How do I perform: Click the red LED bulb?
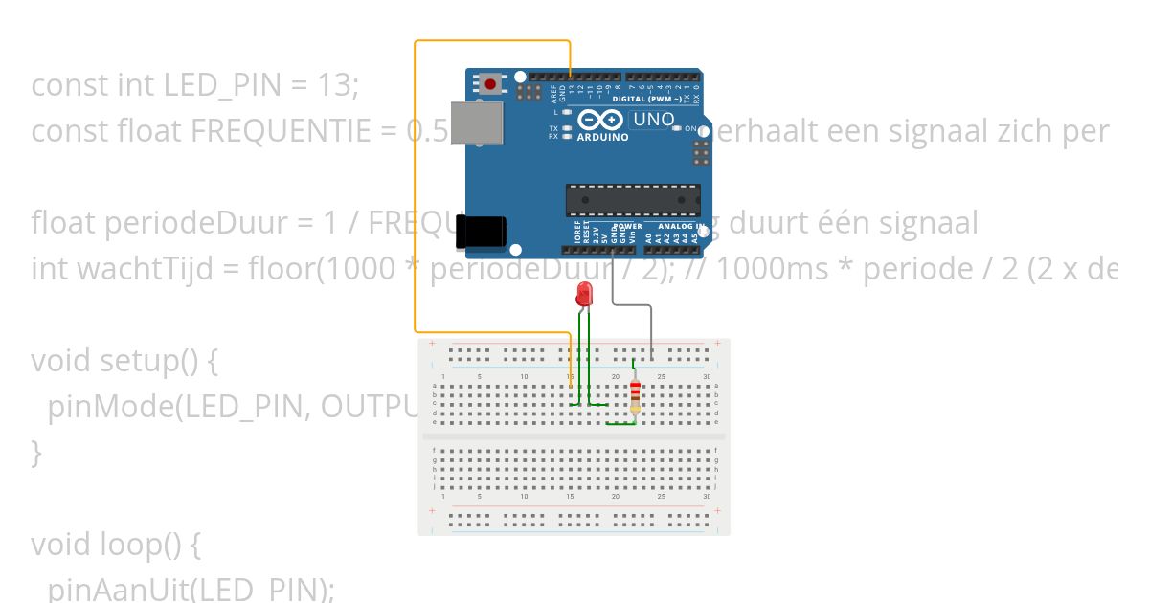pyautogui.click(x=583, y=296)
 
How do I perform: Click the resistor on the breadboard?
pyautogui.click(x=634, y=396)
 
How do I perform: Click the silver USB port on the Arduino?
pyautogui.click(x=476, y=123)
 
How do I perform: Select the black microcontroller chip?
pyautogui.click(x=632, y=199)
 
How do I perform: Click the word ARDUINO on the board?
pyautogui.click(x=602, y=137)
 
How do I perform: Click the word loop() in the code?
pyautogui.click(x=140, y=545)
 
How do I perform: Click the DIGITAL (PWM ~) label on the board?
pyautogui.click(x=647, y=99)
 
